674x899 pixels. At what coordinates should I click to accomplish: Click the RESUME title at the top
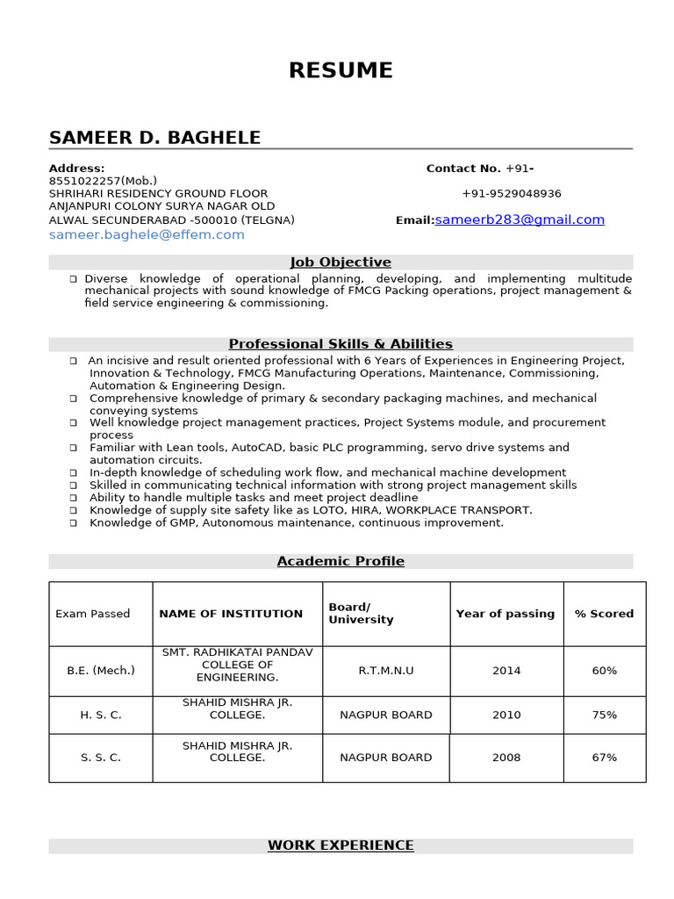(341, 70)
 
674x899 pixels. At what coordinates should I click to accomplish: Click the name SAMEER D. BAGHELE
(154, 138)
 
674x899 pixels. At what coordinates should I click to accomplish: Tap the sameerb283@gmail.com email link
(520, 219)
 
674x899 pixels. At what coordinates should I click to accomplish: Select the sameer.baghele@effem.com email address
(147, 234)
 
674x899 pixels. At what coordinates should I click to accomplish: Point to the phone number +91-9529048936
(512, 194)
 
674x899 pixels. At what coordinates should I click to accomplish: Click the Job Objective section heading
(341, 262)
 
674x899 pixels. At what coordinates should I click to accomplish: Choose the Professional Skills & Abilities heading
(341, 344)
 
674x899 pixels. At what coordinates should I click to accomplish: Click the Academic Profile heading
(341, 561)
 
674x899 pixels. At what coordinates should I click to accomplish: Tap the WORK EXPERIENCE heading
(341, 845)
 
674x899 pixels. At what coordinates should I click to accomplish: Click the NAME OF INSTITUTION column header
(231, 614)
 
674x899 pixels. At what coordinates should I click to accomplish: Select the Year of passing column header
(505, 614)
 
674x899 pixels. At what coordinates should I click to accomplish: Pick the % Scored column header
(604, 614)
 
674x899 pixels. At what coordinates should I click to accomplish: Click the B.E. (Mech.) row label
(101, 671)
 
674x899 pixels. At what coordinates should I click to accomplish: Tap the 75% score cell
(604, 715)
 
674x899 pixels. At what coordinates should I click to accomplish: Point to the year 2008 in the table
(506, 757)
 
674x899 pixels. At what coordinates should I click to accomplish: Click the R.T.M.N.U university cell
(386, 671)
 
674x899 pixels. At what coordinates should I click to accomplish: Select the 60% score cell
(604, 671)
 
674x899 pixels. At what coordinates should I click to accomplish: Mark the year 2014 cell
(506, 671)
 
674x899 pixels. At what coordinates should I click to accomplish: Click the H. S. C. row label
(101, 715)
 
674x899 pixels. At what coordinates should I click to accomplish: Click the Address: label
(76, 169)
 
